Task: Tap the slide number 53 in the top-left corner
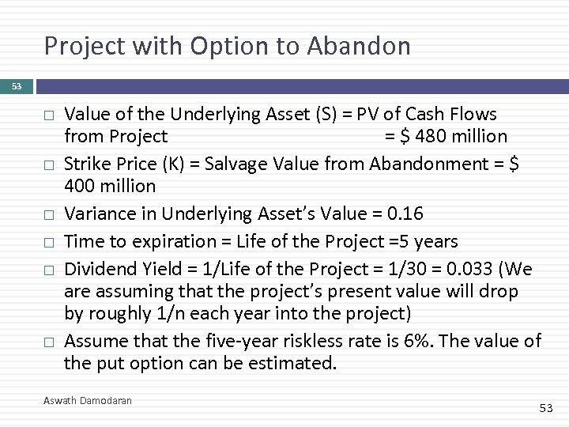point(17,85)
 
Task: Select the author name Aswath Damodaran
point(87,401)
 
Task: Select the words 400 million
point(110,187)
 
